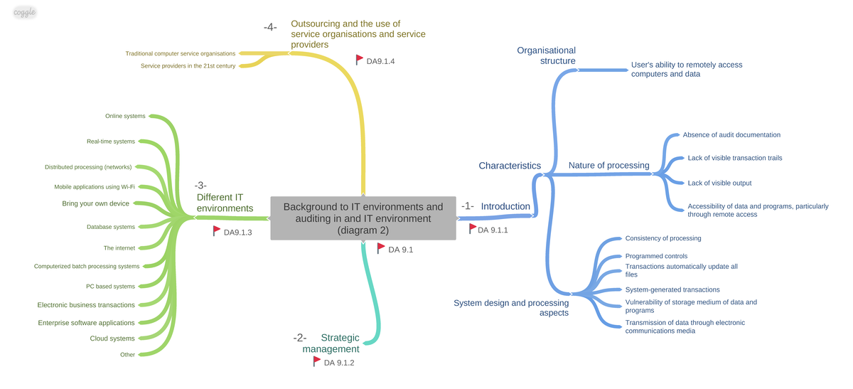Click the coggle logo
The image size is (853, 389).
coord(24,13)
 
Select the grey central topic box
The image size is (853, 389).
coord(363,218)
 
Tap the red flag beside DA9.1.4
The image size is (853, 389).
coord(360,60)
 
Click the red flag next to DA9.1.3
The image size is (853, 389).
coord(217,230)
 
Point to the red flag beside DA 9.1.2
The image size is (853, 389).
coord(317,361)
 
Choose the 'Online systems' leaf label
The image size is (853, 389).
coord(125,116)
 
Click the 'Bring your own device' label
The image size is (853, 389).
coord(96,203)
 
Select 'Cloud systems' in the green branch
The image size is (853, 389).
coord(112,339)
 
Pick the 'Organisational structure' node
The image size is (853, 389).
coord(547,55)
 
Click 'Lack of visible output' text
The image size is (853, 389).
coord(719,183)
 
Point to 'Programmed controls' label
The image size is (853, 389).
coord(656,256)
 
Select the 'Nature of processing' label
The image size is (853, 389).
coord(608,166)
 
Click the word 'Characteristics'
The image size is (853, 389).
coord(510,166)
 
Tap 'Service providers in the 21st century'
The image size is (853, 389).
coord(188,65)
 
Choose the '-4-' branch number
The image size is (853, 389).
coord(270,27)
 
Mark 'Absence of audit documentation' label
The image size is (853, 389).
coord(731,134)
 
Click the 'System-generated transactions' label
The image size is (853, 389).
coord(672,289)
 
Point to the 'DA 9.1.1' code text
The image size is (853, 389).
coord(493,230)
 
